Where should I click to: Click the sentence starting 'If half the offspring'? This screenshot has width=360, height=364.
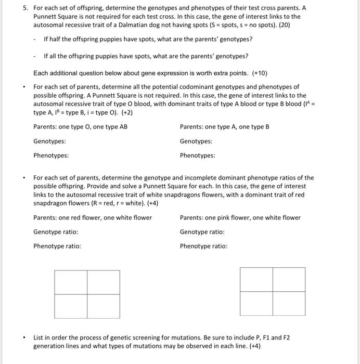pos(148,40)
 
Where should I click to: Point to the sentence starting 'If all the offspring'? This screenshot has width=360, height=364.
pos(146,56)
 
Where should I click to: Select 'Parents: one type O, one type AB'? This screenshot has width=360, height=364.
pos(80,127)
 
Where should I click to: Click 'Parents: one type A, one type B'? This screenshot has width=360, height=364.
pos(224,127)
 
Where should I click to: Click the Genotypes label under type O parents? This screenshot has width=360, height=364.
pos(49,141)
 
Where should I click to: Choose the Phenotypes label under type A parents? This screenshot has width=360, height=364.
pos(197,155)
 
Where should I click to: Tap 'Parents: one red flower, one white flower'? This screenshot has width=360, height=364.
pos(93,217)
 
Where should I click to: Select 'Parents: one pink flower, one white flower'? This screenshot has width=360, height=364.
pos(240,217)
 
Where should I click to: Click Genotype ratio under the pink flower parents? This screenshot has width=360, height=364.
pos(202,232)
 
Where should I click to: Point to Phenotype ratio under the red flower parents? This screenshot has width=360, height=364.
pos(57,246)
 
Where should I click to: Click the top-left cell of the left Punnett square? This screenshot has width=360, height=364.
pos(71,282)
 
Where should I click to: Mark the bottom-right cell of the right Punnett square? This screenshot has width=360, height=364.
pos(289,303)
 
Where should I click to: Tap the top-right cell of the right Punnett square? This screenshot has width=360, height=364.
pos(289,279)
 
